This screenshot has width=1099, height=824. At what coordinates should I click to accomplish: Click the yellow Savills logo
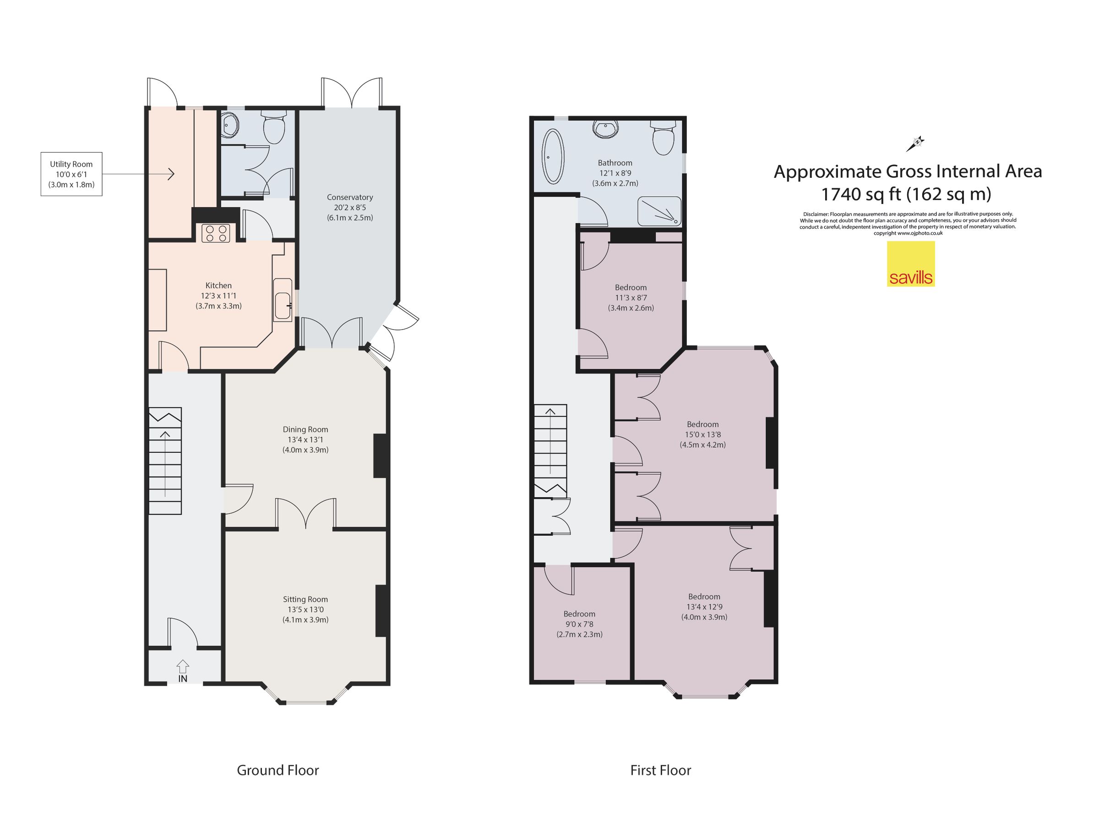910,264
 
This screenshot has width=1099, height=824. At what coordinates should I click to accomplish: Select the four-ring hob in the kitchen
216,234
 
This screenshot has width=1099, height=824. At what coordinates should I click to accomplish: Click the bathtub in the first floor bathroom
553,156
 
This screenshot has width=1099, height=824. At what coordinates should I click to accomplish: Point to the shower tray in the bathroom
660,211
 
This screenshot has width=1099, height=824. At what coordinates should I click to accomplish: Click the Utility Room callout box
71,174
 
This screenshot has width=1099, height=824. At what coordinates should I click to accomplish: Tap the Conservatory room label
350,198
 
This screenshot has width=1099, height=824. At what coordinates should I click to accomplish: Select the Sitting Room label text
305,599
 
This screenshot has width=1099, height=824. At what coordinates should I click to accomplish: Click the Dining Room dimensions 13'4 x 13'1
305,439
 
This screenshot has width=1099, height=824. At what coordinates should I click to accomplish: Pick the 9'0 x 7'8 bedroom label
579,624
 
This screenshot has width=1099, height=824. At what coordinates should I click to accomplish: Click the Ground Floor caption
278,770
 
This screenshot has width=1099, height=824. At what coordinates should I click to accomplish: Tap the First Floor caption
660,770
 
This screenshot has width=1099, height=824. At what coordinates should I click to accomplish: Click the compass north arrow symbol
915,144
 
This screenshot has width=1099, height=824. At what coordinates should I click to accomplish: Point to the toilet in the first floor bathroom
663,138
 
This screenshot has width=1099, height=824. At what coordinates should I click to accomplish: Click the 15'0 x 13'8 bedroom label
702,434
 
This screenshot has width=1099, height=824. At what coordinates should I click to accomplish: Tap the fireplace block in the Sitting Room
381,610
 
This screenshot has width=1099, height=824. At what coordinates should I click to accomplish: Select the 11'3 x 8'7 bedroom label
631,297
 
